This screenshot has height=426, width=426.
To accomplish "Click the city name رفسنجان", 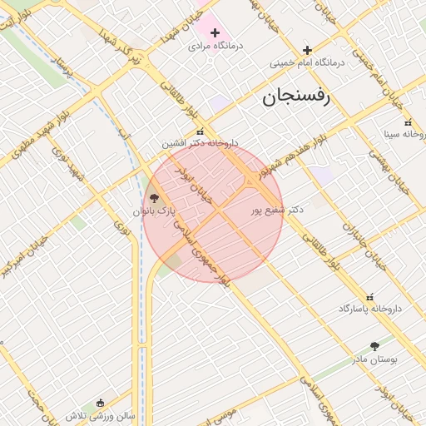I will point(296,97).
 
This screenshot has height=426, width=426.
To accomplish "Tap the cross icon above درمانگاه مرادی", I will point(215,33).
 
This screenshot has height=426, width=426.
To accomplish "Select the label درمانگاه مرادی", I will point(215,47).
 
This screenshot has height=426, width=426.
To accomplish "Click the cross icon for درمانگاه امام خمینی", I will point(307,50).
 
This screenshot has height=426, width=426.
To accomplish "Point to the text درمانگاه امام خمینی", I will point(307,63).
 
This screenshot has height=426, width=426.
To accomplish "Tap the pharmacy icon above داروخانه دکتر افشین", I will point(200,131).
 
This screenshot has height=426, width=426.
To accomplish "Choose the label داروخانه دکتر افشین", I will point(200,144).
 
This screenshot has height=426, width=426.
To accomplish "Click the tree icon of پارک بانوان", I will point(154,198).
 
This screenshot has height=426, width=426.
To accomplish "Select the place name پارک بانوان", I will point(154,211).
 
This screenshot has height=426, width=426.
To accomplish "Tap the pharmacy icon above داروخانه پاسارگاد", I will point(370,296).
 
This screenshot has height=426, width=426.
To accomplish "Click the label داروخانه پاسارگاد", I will point(370,309).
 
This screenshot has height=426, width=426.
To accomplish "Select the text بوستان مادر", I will point(374,359).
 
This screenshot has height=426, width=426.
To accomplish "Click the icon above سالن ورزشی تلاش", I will point(101,402).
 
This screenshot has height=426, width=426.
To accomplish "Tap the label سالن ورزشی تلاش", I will point(101,414).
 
